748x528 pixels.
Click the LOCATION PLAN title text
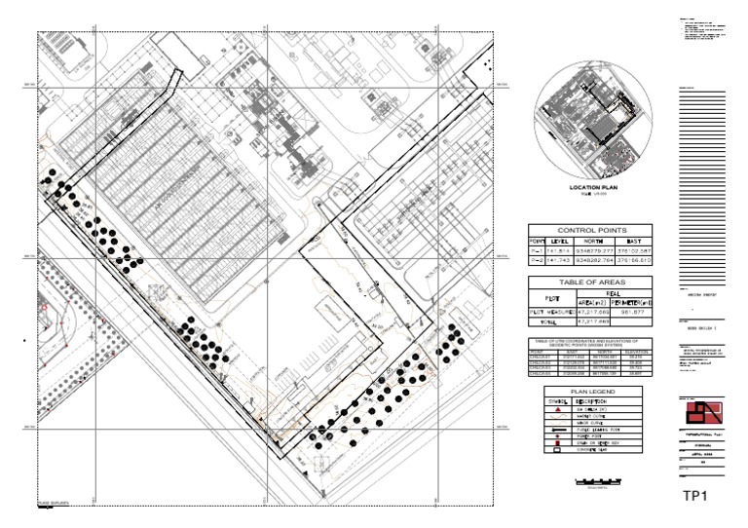point(593,186)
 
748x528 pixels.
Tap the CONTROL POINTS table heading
point(592,229)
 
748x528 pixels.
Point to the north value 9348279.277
point(596,250)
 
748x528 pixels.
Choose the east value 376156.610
point(635,260)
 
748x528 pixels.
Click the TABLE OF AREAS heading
point(592,281)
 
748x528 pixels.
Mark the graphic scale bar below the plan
point(595,481)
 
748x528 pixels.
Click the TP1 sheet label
point(693,497)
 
